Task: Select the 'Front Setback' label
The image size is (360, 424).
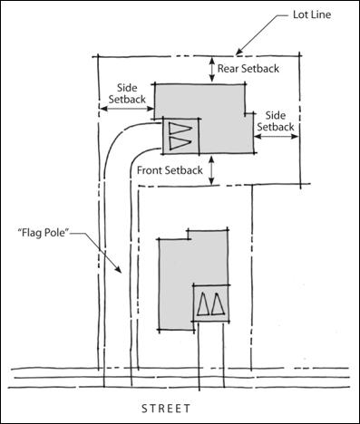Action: pos(170,169)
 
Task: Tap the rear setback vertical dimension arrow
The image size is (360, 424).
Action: pos(210,69)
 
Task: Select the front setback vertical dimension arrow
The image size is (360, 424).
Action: pos(211,170)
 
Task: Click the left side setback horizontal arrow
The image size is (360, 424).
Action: pos(126,108)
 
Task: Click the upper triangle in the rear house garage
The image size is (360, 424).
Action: pos(180,127)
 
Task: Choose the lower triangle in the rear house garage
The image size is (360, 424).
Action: pos(180,142)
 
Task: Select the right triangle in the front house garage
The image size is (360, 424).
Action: pos(219,304)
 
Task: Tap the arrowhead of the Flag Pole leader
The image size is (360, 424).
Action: pos(119,273)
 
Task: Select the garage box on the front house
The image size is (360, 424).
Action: pos(210,304)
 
